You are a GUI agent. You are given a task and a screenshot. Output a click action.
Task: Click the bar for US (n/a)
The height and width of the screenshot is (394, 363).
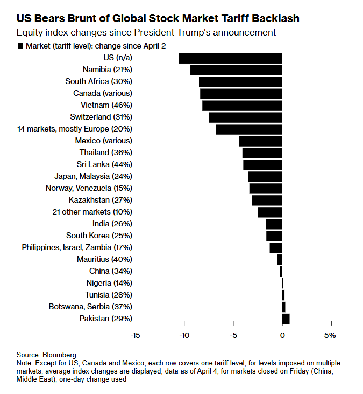pyautogui.click(x=230, y=58)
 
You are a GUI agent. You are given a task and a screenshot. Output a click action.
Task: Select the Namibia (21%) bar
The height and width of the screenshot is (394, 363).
pyautogui.click(x=236, y=70)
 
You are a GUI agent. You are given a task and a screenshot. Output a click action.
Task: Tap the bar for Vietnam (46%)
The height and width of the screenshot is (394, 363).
pyautogui.click(x=242, y=106)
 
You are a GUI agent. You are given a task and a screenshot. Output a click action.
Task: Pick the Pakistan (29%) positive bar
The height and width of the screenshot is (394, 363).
pyautogui.click(x=286, y=319)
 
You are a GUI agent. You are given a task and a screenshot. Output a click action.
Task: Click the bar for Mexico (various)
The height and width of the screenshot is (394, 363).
pyautogui.click(x=260, y=141)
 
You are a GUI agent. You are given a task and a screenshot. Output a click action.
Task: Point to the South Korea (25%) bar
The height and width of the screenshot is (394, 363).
pyautogui.click(x=274, y=236)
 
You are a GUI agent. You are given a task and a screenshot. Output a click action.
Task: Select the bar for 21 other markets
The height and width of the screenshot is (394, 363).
pyautogui.click(x=270, y=212)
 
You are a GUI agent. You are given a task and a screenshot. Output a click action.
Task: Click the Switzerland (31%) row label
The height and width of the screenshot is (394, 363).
pyautogui.click(x=101, y=117)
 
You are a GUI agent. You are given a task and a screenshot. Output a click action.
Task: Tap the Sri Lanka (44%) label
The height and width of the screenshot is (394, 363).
pyautogui.click(x=105, y=164)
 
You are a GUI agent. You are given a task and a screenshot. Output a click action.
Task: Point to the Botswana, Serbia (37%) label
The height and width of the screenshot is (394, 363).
pyautogui.click(x=90, y=307)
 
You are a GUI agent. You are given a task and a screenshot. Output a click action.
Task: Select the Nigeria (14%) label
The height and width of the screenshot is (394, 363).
pyautogui.click(x=109, y=283)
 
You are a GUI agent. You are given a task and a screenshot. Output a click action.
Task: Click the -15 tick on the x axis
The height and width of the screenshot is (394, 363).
pyautogui.click(x=135, y=335)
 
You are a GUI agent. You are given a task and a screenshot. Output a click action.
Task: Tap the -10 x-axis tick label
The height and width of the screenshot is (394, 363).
pyautogui.click(x=184, y=335)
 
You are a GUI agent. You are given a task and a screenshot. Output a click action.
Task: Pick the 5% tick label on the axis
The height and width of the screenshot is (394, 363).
pyautogui.click(x=330, y=335)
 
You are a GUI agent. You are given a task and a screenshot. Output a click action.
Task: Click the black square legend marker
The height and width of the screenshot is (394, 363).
pyautogui.click(x=20, y=46)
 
